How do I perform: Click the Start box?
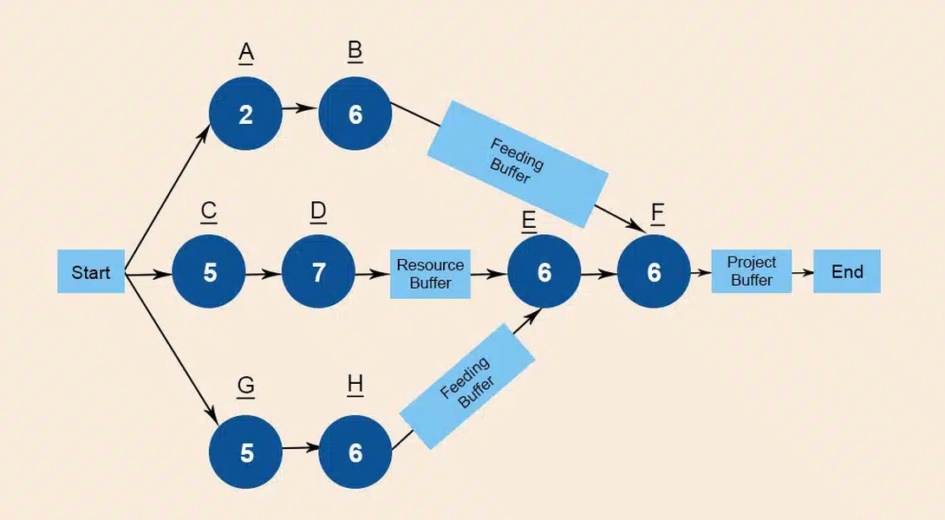click(91, 272)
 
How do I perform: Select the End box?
click(846, 271)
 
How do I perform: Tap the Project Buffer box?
click(751, 271)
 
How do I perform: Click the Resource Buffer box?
click(430, 274)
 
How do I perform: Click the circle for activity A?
click(245, 114)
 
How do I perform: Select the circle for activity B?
click(355, 114)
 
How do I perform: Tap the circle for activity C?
click(209, 272)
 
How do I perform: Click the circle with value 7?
click(318, 272)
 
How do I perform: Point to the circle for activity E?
click(544, 272)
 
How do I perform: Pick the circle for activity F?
click(654, 272)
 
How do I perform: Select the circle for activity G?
click(246, 452)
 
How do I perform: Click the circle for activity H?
click(355, 452)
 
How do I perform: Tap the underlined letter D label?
click(318, 212)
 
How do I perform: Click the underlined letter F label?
click(657, 213)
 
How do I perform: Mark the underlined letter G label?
click(246, 387)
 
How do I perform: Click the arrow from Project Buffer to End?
click(802, 271)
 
